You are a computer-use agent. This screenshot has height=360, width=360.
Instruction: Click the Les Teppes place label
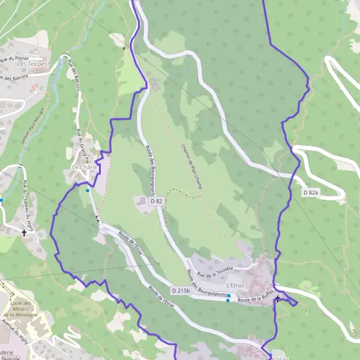point(33,64)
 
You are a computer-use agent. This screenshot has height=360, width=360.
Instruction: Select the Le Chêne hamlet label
point(83,166)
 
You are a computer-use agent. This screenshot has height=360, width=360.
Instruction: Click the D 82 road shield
point(157,202)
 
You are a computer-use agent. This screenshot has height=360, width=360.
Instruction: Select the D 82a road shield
point(310,192)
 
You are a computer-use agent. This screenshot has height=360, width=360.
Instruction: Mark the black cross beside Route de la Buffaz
point(277,298)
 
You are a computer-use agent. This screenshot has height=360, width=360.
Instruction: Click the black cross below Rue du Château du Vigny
point(24,232)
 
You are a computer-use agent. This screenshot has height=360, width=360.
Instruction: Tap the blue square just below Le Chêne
point(88,191)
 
